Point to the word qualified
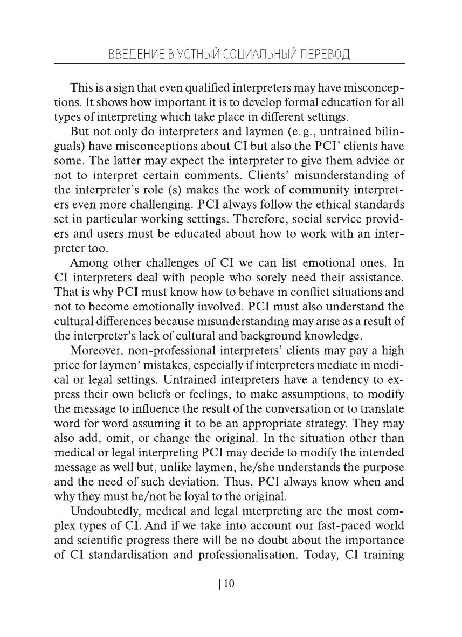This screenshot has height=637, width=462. pyautogui.click(x=201, y=88)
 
